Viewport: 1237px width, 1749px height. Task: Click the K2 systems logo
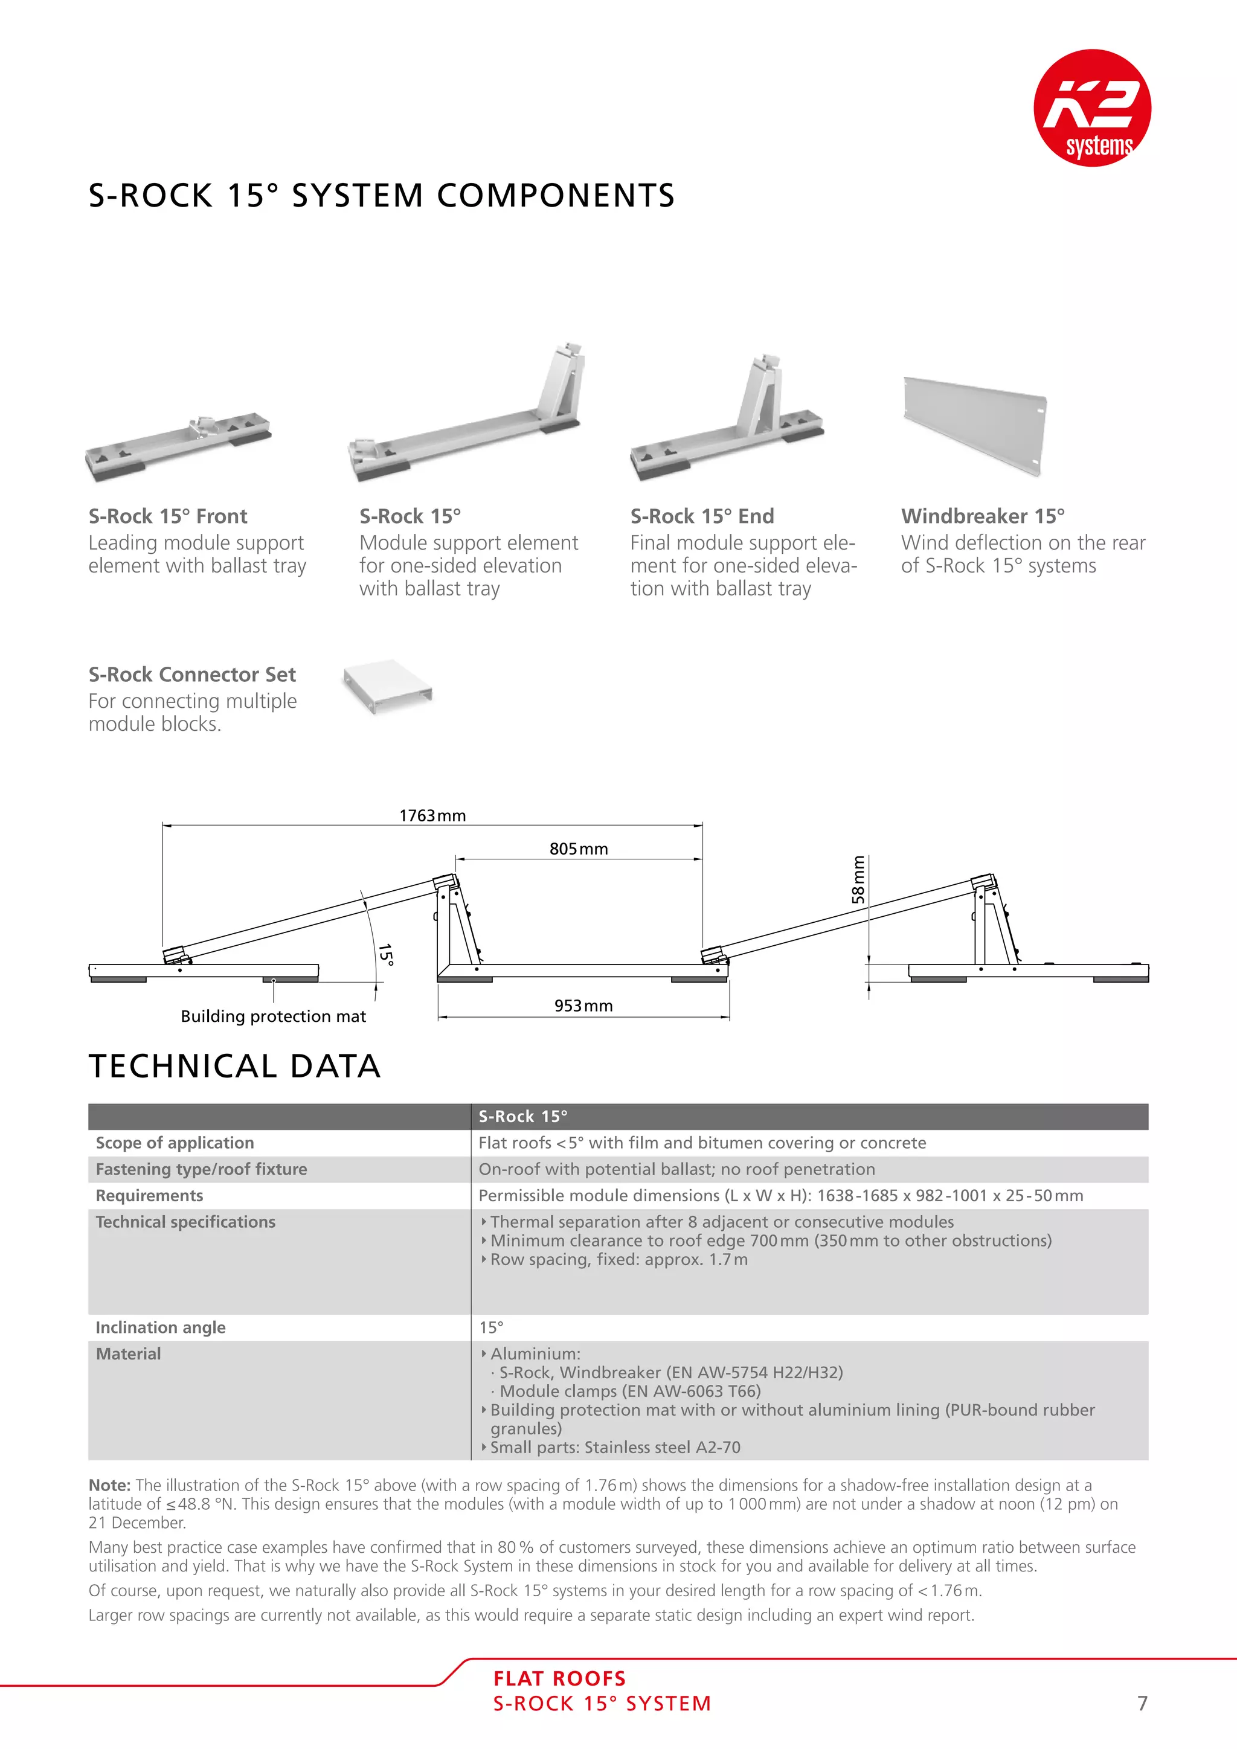pos(1091,108)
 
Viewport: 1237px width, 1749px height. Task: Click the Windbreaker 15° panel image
pos(975,425)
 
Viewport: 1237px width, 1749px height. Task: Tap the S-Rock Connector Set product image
pos(387,685)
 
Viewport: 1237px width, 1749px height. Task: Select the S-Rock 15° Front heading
pos(167,516)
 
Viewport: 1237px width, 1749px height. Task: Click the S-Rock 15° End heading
pos(701,516)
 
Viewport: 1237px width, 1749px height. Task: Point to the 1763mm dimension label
pos(432,816)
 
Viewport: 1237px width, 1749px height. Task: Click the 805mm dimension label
pos(578,849)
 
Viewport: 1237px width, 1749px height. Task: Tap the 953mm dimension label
pos(583,1006)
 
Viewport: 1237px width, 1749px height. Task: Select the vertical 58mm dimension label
pos(858,880)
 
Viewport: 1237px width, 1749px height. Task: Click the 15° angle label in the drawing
pos(385,954)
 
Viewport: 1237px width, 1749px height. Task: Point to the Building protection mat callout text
pos(272,1016)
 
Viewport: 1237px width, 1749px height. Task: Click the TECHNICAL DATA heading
pos(234,1067)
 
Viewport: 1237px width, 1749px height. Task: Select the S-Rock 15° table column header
pos(522,1117)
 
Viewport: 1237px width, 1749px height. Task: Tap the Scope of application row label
pos(175,1143)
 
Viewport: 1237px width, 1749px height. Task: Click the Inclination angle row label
pos(160,1327)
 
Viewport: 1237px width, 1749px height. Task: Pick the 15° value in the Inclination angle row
pos(490,1327)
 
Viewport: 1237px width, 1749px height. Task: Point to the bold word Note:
pos(110,1486)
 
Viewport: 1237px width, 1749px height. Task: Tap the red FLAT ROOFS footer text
pos(559,1679)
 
